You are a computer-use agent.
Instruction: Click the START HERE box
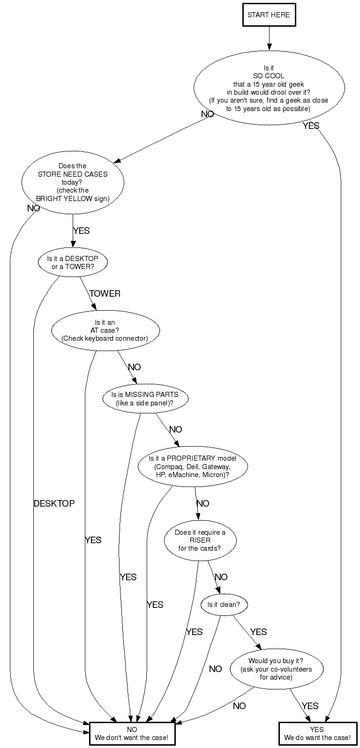point(269,15)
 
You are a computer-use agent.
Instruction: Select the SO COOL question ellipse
point(269,88)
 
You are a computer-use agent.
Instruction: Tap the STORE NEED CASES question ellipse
point(73,182)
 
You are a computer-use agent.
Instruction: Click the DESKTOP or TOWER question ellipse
point(73,262)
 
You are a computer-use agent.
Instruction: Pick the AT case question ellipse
point(105,330)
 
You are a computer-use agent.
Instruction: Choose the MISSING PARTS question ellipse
point(145,399)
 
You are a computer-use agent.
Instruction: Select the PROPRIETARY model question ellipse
point(193,466)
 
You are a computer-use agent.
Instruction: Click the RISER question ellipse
point(200,540)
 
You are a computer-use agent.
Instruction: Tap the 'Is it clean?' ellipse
point(224,605)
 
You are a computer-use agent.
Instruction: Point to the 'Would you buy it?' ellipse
point(277,669)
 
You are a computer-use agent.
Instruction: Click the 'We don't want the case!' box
point(132,733)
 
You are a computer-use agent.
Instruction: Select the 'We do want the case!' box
point(318,733)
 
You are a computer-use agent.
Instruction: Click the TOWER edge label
point(105,293)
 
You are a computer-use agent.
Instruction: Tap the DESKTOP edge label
point(54,503)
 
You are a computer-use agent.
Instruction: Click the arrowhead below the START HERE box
point(269,47)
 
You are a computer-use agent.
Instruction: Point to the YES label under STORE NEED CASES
point(82,231)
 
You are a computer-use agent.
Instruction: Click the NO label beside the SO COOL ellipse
point(207,114)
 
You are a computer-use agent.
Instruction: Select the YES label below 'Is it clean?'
point(258,632)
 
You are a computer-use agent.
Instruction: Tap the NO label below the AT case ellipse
point(135,367)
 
